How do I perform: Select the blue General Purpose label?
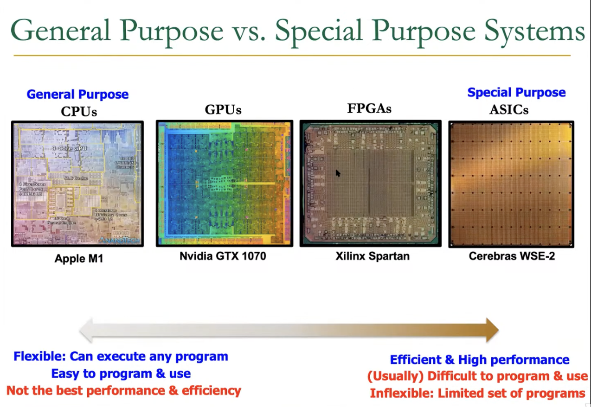[77, 94]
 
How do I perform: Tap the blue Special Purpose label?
[516, 92]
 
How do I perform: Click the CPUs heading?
[78, 111]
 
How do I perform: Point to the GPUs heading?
[223, 110]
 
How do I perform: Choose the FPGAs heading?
[369, 108]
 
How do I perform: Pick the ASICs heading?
[509, 110]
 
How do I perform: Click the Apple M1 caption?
[78, 258]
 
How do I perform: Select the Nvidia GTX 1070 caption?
[223, 256]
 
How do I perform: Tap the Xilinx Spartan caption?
[373, 256]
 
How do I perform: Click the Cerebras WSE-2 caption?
[512, 256]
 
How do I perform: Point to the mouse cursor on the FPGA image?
[337, 172]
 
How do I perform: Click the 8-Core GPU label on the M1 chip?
[70, 148]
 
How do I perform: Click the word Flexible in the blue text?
[39, 356]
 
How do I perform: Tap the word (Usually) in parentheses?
[395, 376]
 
